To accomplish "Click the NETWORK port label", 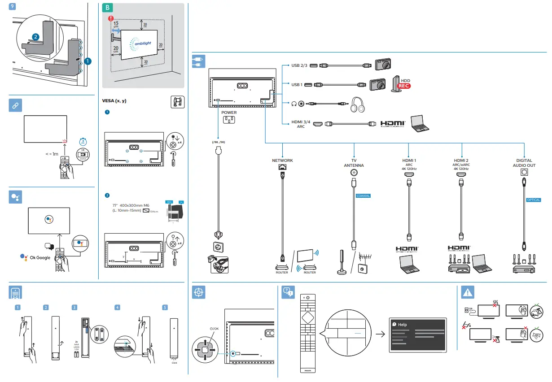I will tap(282, 160).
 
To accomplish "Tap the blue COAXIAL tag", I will tap(363, 196).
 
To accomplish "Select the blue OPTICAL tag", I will tap(534, 200).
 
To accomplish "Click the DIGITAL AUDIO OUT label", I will tap(524, 163).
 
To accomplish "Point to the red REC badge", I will tap(404, 86).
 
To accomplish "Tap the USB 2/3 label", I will tap(299, 65).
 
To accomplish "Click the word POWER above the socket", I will tap(229, 113).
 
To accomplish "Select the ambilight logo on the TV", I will tap(143, 43).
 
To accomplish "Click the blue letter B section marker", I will tap(107, 8).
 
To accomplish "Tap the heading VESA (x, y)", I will tap(114, 101).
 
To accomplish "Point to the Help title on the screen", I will tap(402, 324).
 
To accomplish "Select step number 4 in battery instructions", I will tap(117, 308).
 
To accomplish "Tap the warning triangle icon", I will tap(468, 292).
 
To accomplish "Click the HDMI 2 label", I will tap(461, 160).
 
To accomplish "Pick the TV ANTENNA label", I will tap(354, 163).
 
